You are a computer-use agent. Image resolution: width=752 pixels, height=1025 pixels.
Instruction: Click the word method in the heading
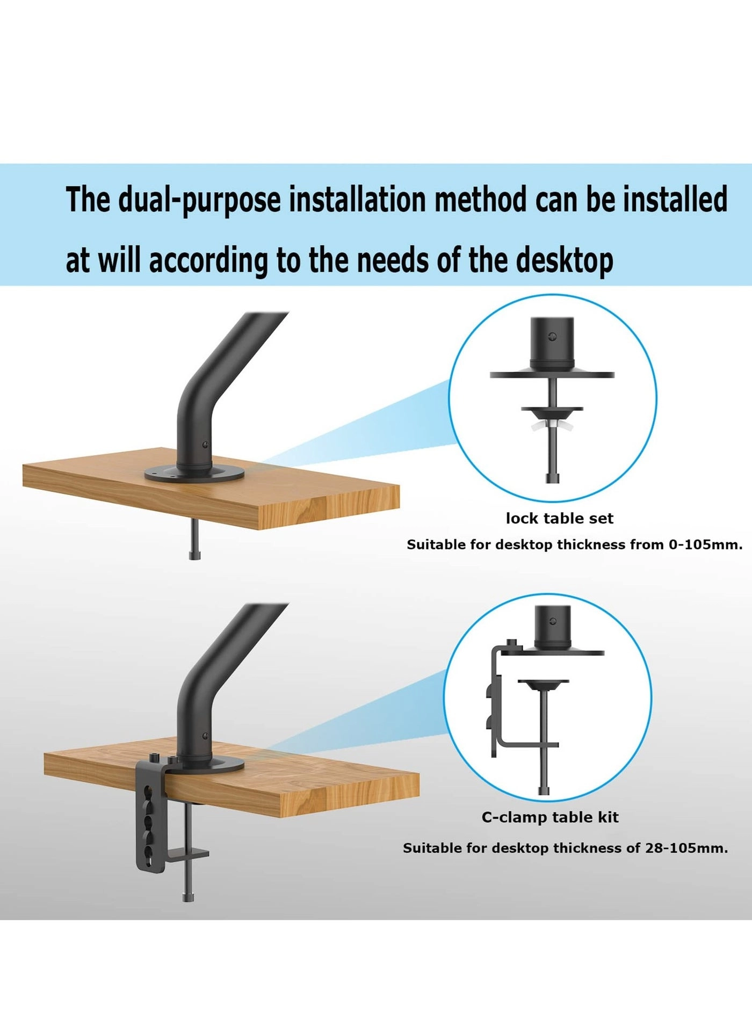pyautogui.click(x=480, y=199)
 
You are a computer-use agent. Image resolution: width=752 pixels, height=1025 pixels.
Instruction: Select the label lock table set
pyautogui.click(x=559, y=519)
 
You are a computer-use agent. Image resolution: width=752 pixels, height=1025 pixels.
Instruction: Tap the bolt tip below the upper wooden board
pyautogui.click(x=194, y=554)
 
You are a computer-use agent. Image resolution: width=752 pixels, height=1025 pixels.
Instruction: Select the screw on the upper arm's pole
pyautogui.click(x=205, y=445)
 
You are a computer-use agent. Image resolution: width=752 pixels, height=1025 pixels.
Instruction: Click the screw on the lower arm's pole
pyautogui.click(x=205, y=736)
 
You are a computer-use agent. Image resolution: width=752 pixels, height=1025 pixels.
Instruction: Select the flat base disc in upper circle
pyautogui.click(x=552, y=375)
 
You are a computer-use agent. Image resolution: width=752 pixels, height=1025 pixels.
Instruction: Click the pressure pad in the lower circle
pyautogui.click(x=543, y=684)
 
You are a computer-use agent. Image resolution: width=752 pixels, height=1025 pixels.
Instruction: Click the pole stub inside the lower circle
pyautogui.click(x=552, y=626)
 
